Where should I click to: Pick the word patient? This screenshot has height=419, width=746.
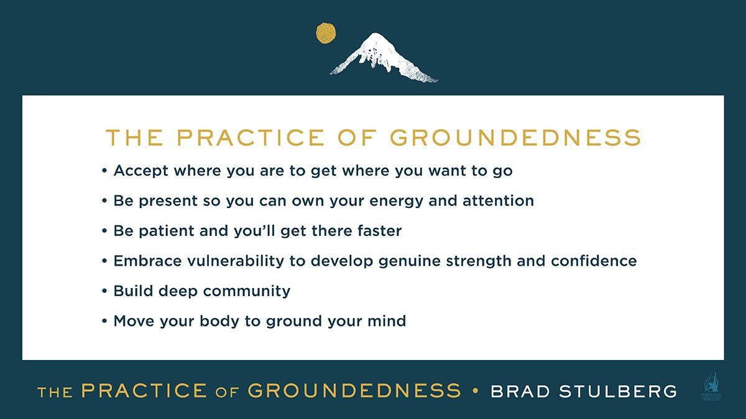pos(165,231)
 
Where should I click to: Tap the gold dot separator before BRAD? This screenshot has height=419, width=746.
pos(476,391)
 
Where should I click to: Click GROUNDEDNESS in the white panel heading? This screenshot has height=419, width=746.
pos(515,138)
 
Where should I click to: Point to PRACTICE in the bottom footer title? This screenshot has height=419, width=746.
pos(144,391)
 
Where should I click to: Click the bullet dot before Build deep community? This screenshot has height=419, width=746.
pos(104,291)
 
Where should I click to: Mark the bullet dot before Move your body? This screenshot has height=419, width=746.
pos(104,322)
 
